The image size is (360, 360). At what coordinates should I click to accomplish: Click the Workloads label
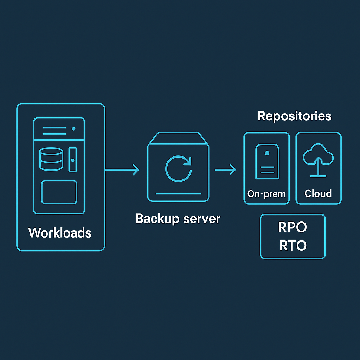click(60, 233)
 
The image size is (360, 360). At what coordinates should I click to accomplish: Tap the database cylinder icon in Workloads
click(51, 159)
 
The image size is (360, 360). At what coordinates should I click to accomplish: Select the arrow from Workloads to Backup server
click(122, 170)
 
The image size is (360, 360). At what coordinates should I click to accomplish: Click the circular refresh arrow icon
click(179, 168)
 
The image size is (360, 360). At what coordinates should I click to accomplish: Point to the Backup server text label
click(178, 219)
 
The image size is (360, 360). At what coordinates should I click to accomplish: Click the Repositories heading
click(294, 116)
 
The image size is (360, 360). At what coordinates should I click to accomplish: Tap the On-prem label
click(266, 194)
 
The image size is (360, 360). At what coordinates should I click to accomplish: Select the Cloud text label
click(318, 193)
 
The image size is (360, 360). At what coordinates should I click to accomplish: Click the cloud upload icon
click(318, 159)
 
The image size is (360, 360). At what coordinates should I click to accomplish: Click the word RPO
click(292, 228)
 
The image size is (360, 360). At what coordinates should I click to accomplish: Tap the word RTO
click(293, 245)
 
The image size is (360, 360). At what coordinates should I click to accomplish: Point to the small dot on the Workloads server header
click(73, 129)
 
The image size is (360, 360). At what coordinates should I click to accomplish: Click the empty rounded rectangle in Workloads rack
click(59, 192)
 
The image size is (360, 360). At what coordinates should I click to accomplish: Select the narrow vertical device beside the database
click(72, 160)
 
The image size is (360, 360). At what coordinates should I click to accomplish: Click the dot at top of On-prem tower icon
click(267, 153)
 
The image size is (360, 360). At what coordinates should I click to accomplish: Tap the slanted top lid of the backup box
click(178, 139)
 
